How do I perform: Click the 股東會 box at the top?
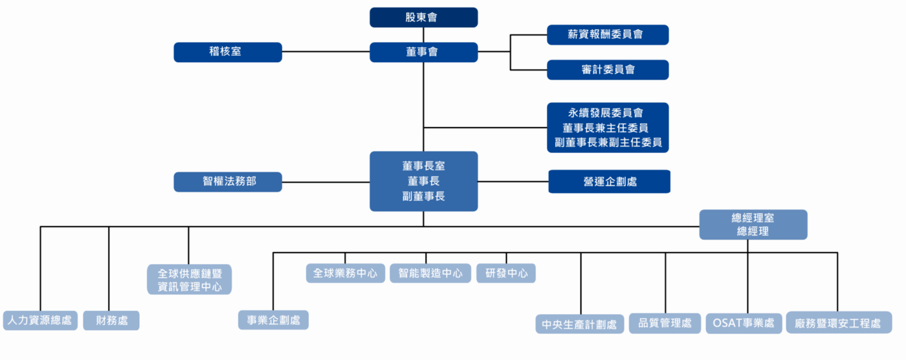tap(423, 17)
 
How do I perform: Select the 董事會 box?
tap(423, 52)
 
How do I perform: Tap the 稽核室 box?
tap(227, 52)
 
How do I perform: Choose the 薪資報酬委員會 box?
tap(607, 35)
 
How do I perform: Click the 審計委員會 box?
tap(607, 70)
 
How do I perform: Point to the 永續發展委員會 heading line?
tap(607, 113)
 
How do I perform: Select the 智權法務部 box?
tap(227, 182)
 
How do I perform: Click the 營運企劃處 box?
tap(609, 181)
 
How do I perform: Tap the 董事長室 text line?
tap(423, 166)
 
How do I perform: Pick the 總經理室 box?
tap(753, 225)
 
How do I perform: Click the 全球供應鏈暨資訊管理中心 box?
tap(189, 280)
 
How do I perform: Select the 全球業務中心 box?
tap(345, 273)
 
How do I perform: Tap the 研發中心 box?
tap(506, 273)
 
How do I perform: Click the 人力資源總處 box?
tap(40, 321)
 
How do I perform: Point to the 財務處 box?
tap(111, 321)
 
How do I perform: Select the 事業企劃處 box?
tap(273, 320)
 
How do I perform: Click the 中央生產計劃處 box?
tap(579, 324)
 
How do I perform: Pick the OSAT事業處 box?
tap(744, 323)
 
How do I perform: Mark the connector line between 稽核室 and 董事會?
tap(326, 52)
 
